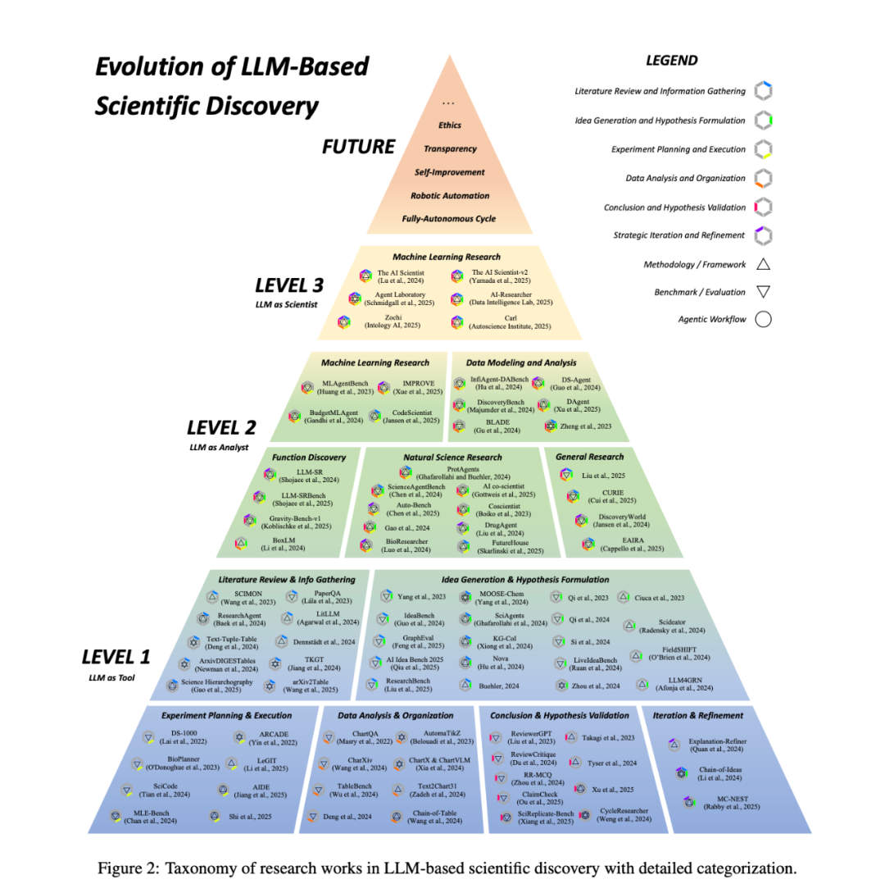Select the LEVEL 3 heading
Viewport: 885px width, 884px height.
point(290,286)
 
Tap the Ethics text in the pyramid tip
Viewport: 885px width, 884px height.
point(449,125)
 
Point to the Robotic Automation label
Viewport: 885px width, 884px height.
point(449,196)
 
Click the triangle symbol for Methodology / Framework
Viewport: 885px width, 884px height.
point(763,263)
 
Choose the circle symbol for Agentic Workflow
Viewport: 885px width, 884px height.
point(763,319)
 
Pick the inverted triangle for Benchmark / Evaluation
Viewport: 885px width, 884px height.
point(763,291)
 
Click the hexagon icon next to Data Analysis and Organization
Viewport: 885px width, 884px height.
point(764,179)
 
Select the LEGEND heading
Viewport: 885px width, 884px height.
point(671,61)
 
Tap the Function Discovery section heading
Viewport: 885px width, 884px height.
point(310,457)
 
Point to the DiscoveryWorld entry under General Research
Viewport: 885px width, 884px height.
point(625,521)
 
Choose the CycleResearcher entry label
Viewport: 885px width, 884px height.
point(625,813)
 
